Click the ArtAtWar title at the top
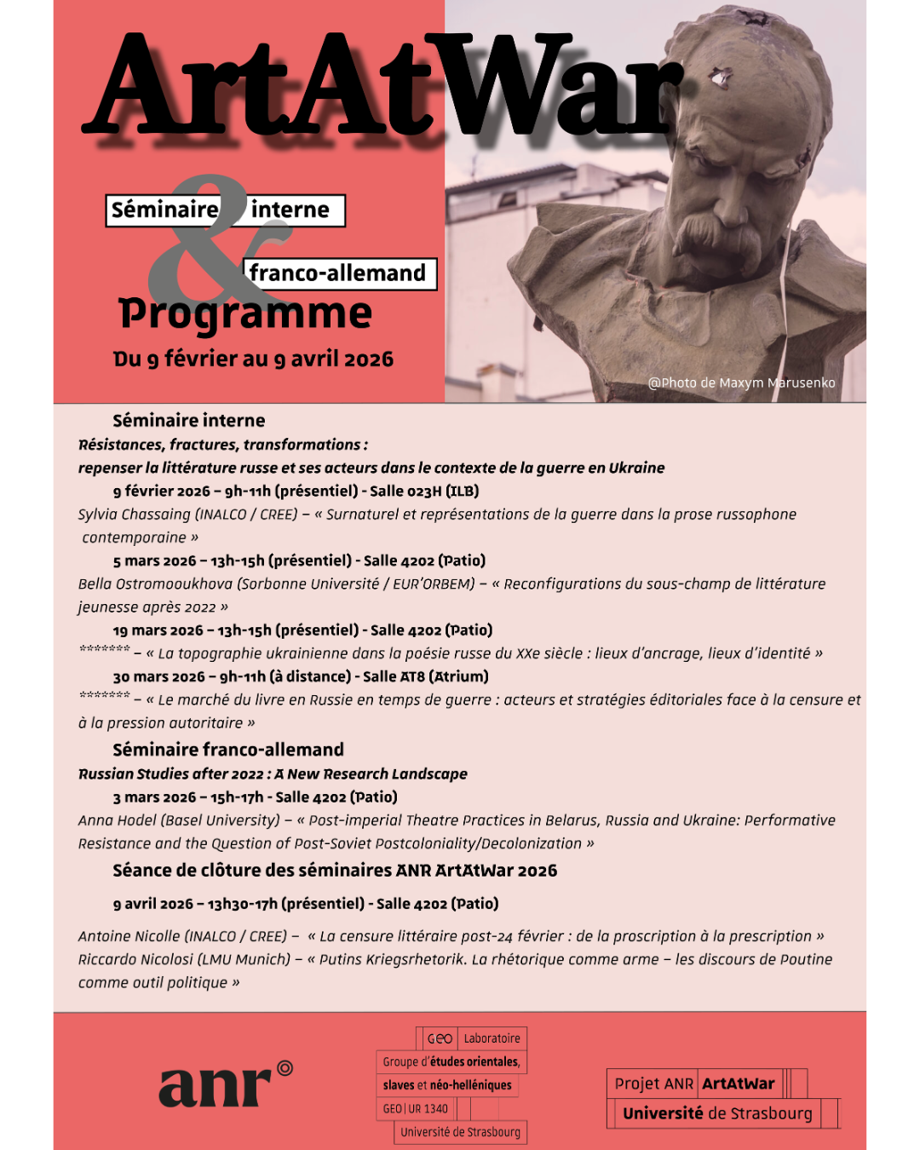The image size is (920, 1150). click(383, 85)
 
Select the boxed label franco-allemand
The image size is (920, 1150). click(339, 273)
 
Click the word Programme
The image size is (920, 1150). click(245, 313)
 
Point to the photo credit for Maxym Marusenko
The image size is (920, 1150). click(741, 383)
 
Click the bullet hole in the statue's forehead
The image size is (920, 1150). click(721, 79)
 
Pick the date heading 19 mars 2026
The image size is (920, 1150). click(158, 630)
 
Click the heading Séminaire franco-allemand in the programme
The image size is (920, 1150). click(228, 750)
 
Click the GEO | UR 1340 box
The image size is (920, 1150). click(416, 1109)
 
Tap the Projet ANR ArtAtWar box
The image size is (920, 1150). click(695, 1084)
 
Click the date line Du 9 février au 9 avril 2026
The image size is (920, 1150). click(253, 359)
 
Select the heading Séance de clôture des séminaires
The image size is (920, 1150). click(335, 871)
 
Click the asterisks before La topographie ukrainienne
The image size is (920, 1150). click(104, 650)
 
